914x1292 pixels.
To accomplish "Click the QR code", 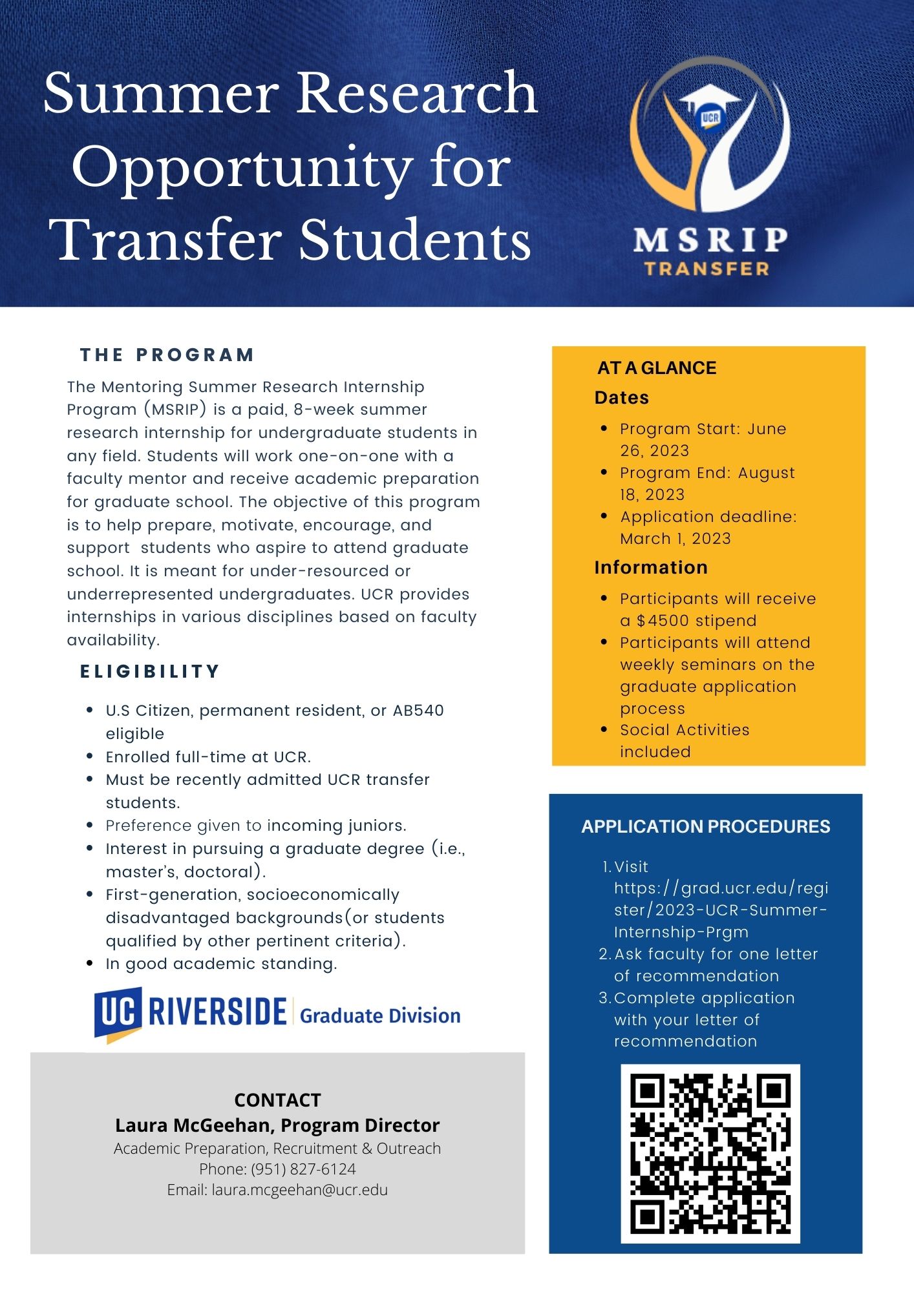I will click(710, 1153).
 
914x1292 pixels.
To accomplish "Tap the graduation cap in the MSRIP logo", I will click(710, 103).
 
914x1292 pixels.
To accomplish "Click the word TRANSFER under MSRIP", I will click(707, 269).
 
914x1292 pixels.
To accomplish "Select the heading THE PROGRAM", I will click(167, 355).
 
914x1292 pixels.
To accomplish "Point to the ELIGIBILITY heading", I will click(149, 671).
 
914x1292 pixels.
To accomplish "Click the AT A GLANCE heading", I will click(656, 368).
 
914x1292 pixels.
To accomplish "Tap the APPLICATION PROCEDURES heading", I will click(705, 826).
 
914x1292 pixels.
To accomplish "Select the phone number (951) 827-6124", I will click(303, 1169).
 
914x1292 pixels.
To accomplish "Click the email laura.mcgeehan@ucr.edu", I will click(299, 1190).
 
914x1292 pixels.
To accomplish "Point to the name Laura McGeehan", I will click(192, 1125).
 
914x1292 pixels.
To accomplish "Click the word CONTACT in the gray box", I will click(277, 1099).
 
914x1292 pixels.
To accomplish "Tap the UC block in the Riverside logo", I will click(118, 1011).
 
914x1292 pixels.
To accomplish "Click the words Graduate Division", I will click(380, 1016).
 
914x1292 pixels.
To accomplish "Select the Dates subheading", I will click(621, 397).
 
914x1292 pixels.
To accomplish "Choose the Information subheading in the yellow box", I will click(650, 567).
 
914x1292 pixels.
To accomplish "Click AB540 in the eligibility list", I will click(418, 711).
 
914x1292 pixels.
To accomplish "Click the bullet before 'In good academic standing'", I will click(90, 963).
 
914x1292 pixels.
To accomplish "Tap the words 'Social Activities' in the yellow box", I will click(684, 730).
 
